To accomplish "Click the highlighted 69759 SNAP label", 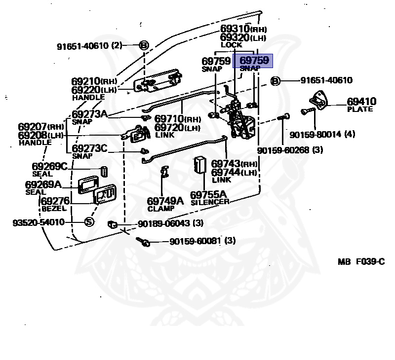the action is click(253, 61).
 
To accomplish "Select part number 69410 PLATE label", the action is click(361, 105).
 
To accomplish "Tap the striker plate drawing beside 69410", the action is click(318, 101).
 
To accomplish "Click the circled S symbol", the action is click(89, 222).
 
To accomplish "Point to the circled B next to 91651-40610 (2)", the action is click(144, 45).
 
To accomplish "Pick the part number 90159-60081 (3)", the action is click(202, 241).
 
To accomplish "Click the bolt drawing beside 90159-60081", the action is click(143, 242).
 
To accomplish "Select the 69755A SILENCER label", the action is click(209, 198).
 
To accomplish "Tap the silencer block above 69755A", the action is click(200, 165).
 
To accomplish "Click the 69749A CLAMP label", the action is click(165, 204).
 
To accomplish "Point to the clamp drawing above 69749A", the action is click(165, 171).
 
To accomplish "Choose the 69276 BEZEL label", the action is click(55, 204).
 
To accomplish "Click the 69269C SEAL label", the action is click(50, 170).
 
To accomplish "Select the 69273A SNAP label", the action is click(90, 117).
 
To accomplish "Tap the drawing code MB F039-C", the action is click(361, 262).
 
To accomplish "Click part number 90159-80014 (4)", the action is click(322, 134).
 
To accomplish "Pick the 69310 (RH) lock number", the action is click(243, 29).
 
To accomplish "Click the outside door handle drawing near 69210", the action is click(158, 81).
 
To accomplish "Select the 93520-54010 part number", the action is click(39, 222).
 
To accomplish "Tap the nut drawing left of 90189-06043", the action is click(113, 224).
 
